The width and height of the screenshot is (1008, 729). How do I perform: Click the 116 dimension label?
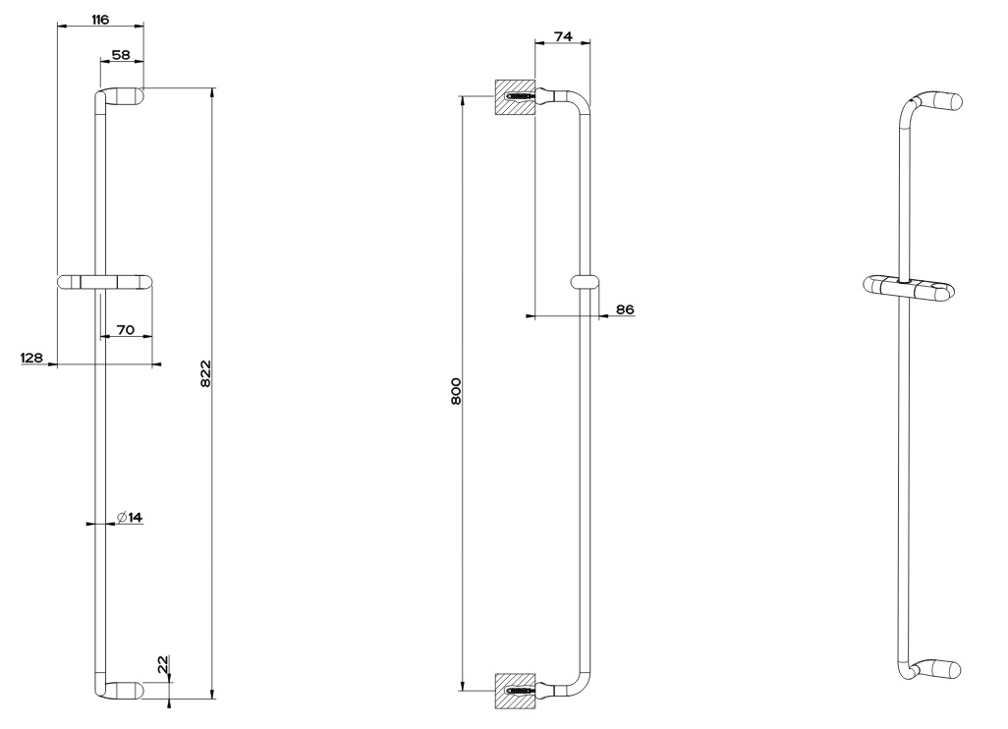99,20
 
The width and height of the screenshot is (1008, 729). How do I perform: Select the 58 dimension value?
121,55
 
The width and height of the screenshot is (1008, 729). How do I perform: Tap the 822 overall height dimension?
205,373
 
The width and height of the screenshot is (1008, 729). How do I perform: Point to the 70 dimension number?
126,330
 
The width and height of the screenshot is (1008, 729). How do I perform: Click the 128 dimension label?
31,358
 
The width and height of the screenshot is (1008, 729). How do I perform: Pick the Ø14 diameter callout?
130,517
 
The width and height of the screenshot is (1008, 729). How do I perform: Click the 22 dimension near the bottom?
162,663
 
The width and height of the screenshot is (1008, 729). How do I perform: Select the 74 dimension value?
563,36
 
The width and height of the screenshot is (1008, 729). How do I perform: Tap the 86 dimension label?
625,309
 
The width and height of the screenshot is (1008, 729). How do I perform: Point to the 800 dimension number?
456,391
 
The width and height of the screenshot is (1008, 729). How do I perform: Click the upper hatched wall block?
514,97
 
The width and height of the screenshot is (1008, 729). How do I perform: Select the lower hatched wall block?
514,691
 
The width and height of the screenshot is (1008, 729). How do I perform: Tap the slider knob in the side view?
585,282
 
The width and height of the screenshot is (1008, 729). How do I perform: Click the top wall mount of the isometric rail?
943,100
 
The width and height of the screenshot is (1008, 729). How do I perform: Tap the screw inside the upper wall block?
520,97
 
